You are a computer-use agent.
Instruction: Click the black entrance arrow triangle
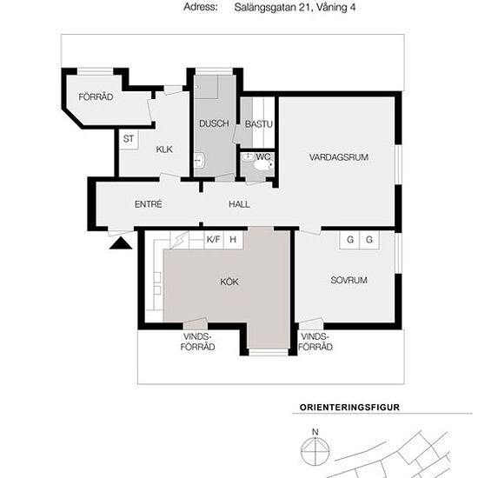[x=121, y=243]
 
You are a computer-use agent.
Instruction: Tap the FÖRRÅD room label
[x=96, y=97]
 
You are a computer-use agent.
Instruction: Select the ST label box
[x=129, y=139]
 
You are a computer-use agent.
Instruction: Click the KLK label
[x=164, y=149]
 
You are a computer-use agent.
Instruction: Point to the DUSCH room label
[x=214, y=123]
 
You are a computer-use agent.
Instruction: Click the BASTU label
[x=258, y=124]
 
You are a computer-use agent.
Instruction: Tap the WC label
[x=262, y=157]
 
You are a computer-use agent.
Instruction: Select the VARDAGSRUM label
[x=339, y=157]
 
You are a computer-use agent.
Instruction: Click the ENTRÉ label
[x=148, y=204]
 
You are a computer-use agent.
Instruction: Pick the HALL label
[x=239, y=204]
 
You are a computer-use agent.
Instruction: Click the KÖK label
[x=229, y=282]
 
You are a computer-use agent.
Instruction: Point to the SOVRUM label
[x=349, y=280]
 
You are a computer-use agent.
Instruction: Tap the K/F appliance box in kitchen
[x=214, y=240]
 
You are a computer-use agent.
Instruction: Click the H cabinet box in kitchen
[x=233, y=240]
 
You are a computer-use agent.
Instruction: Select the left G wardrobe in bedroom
[x=349, y=240]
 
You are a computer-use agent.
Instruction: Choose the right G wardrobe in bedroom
[x=369, y=240]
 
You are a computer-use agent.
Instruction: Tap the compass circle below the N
[x=315, y=451]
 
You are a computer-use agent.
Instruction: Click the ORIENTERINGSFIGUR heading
[x=349, y=408]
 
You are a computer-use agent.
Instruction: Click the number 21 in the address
[x=305, y=7]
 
